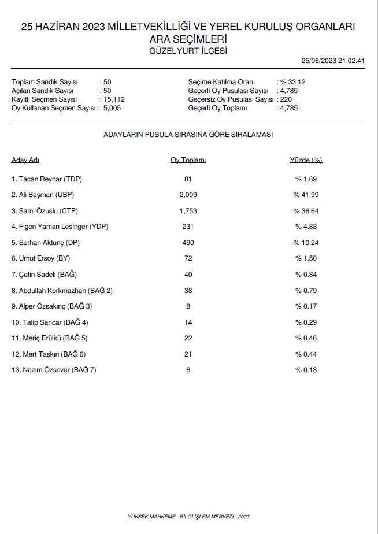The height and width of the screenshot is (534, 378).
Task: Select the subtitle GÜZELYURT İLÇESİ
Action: (x=188, y=50)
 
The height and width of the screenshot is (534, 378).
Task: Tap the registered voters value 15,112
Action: (x=114, y=99)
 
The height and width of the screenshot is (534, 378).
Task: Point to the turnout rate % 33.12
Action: (x=293, y=82)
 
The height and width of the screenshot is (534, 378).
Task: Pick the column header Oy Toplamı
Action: (x=188, y=160)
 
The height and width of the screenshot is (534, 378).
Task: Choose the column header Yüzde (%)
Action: (x=306, y=160)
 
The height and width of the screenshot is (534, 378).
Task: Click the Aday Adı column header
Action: (x=25, y=160)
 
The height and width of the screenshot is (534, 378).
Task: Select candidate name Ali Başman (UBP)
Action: (x=43, y=195)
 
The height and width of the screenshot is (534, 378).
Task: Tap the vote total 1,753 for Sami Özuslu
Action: (x=188, y=210)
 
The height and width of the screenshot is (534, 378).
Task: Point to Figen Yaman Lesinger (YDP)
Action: (x=60, y=227)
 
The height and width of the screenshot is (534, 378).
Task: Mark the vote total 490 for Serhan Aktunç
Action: (x=188, y=242)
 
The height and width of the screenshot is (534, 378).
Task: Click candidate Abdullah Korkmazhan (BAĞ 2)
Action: (x=62, y=290)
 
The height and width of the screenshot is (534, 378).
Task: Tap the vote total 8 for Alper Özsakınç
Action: (x=188, y=306)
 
